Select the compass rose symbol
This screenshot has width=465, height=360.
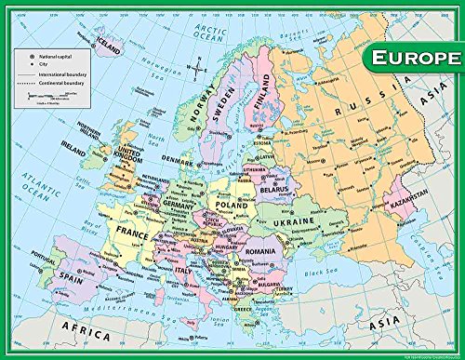[x=198, y=65]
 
